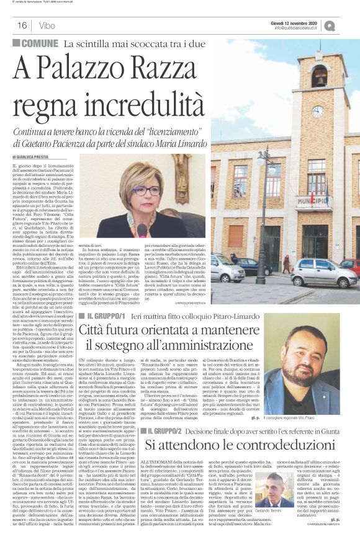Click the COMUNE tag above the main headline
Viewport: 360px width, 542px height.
37,43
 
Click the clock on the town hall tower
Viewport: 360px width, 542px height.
318,112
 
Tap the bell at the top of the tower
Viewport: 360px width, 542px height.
318,78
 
